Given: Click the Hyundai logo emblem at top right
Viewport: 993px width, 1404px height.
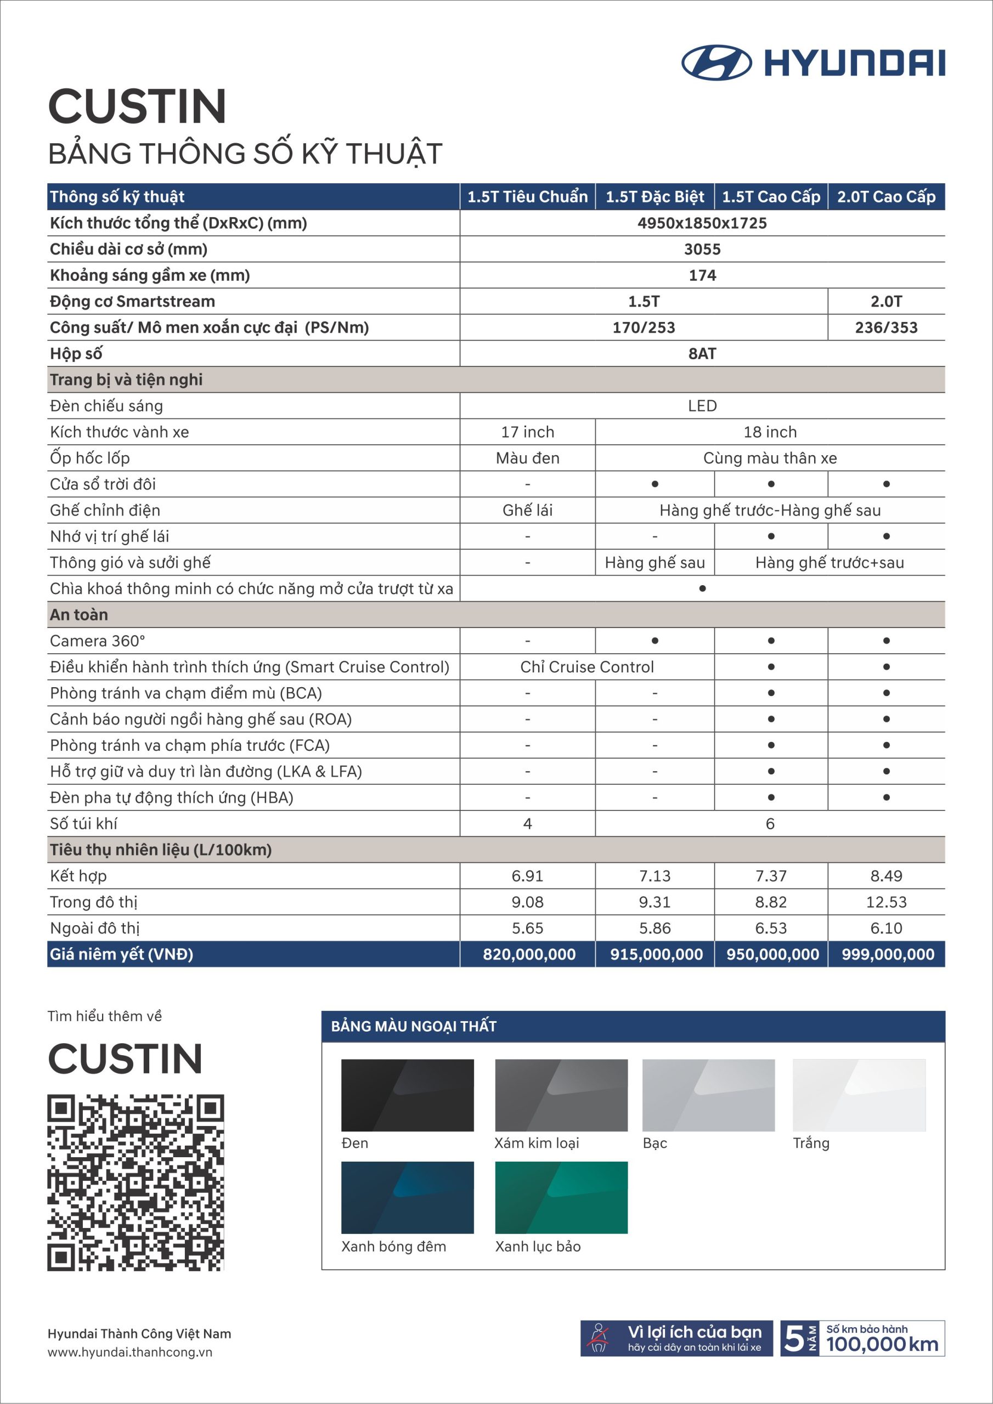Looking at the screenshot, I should point(716,63).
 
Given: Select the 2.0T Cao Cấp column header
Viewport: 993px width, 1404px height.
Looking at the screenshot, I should point(886,197).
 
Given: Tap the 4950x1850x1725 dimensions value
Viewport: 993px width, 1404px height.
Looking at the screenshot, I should point(702,223).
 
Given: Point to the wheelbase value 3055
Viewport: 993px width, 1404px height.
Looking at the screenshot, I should point(702,250).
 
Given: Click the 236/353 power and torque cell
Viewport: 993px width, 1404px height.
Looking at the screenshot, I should point(886,328).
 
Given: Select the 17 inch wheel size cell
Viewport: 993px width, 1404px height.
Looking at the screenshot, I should point(527,432).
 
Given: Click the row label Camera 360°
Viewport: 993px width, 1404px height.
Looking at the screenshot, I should point(98,641).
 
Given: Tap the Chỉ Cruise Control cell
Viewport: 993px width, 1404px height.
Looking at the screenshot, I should point(586,667).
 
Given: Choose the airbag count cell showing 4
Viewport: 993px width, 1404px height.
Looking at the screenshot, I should point(527,824).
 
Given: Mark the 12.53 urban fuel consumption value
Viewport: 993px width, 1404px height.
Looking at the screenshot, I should point(886,902).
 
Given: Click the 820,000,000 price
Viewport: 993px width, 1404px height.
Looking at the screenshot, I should point(529,954).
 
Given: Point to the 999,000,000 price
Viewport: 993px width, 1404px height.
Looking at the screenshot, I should point(887,954).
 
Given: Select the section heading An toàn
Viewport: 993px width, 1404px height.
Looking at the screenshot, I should point(79,615).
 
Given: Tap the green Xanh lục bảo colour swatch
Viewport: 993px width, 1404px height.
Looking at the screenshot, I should point(561,1197).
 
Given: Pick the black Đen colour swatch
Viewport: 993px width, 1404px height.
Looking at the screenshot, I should point(408,1095).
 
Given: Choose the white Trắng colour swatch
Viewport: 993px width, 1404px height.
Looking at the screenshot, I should point(859,1095).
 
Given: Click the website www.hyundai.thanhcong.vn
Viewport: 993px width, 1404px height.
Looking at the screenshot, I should point(129,1352).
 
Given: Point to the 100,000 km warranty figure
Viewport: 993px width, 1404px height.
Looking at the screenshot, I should point(882,1344).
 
